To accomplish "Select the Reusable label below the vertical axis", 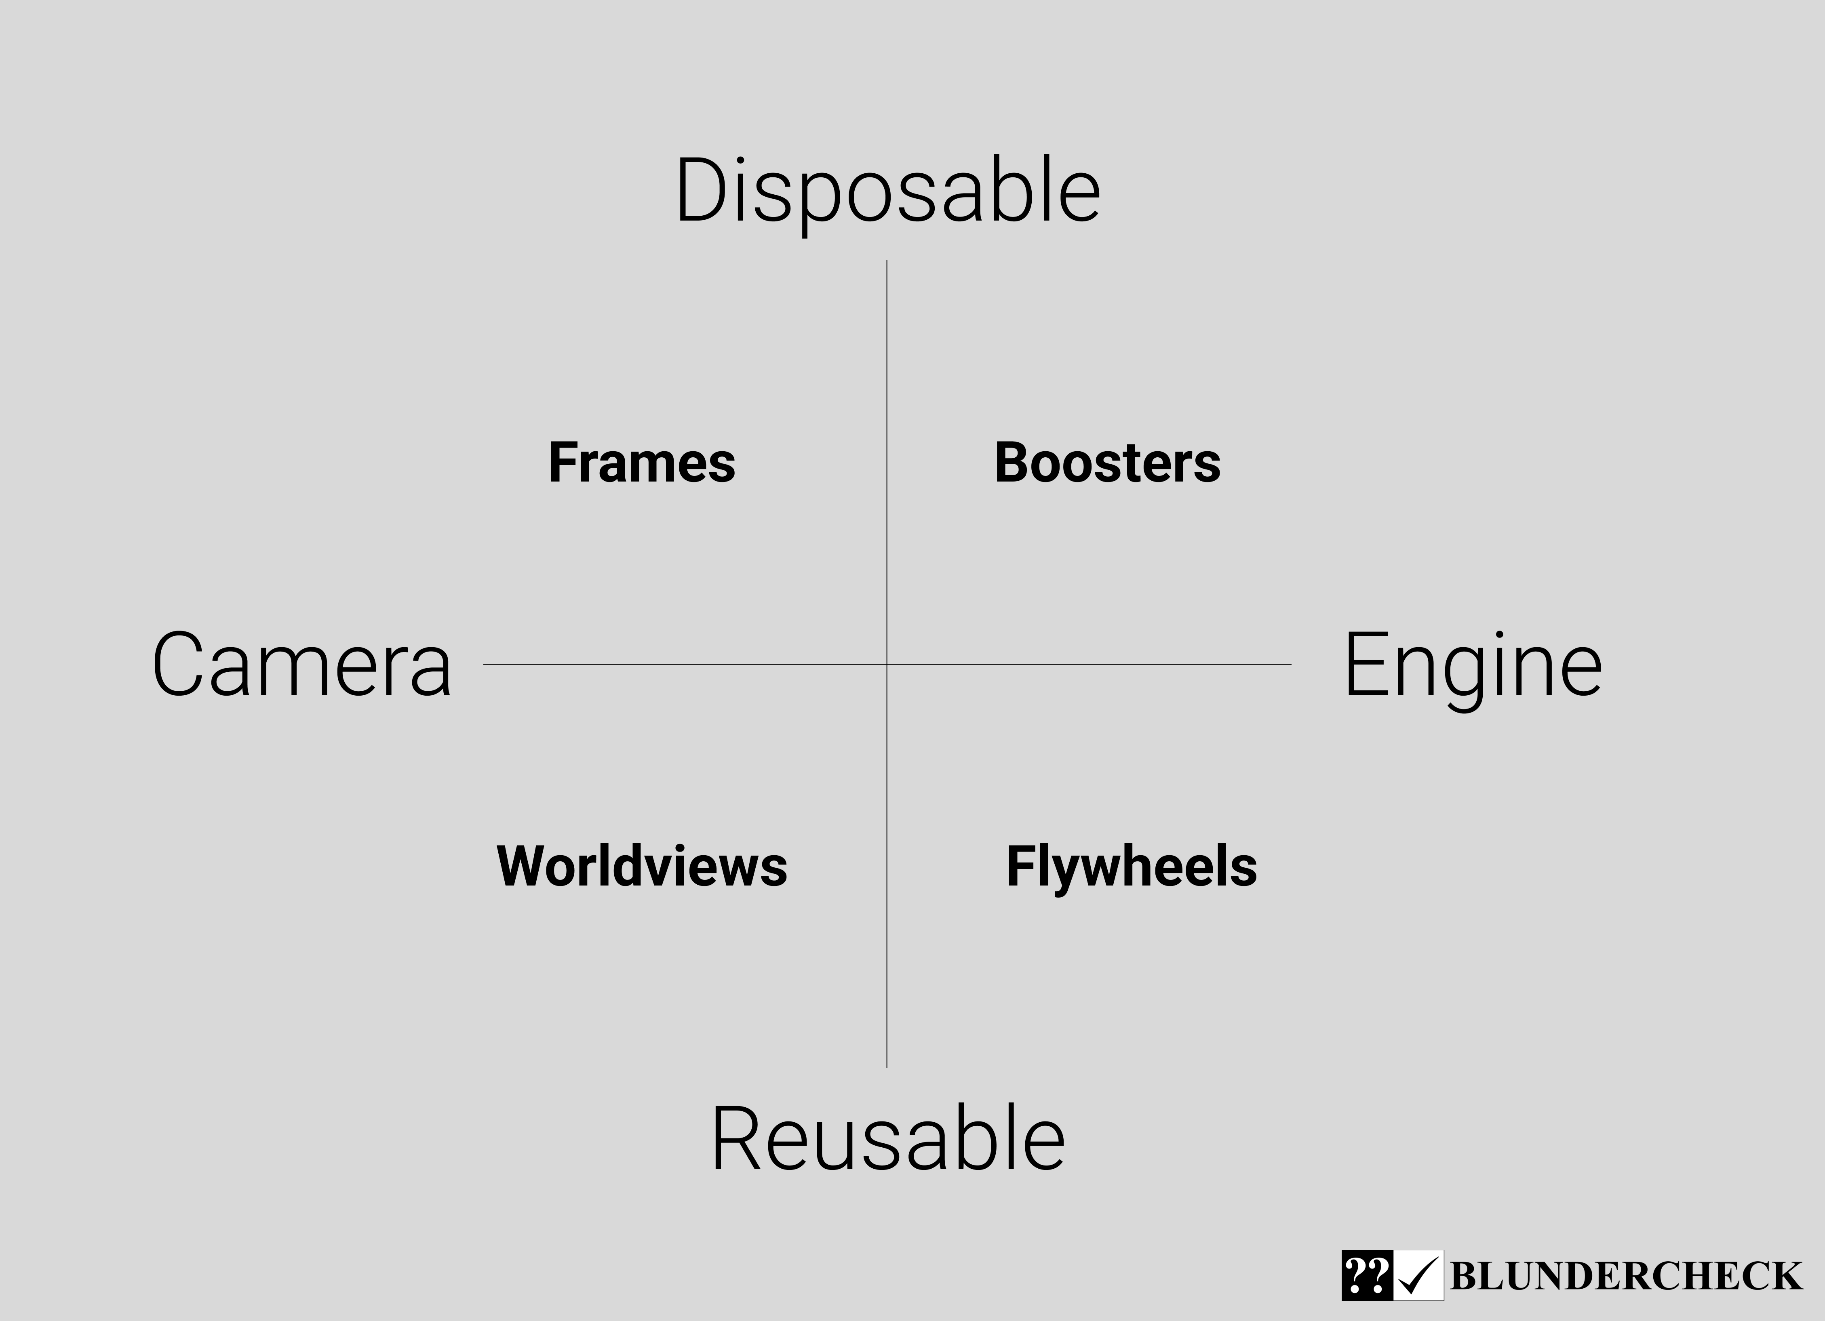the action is click(x=887, y=1138).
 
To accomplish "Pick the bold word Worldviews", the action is click(x=641, y=867).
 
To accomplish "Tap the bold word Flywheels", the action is click(x=1132, y=867).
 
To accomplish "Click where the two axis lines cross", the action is click(x=887, y=665).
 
